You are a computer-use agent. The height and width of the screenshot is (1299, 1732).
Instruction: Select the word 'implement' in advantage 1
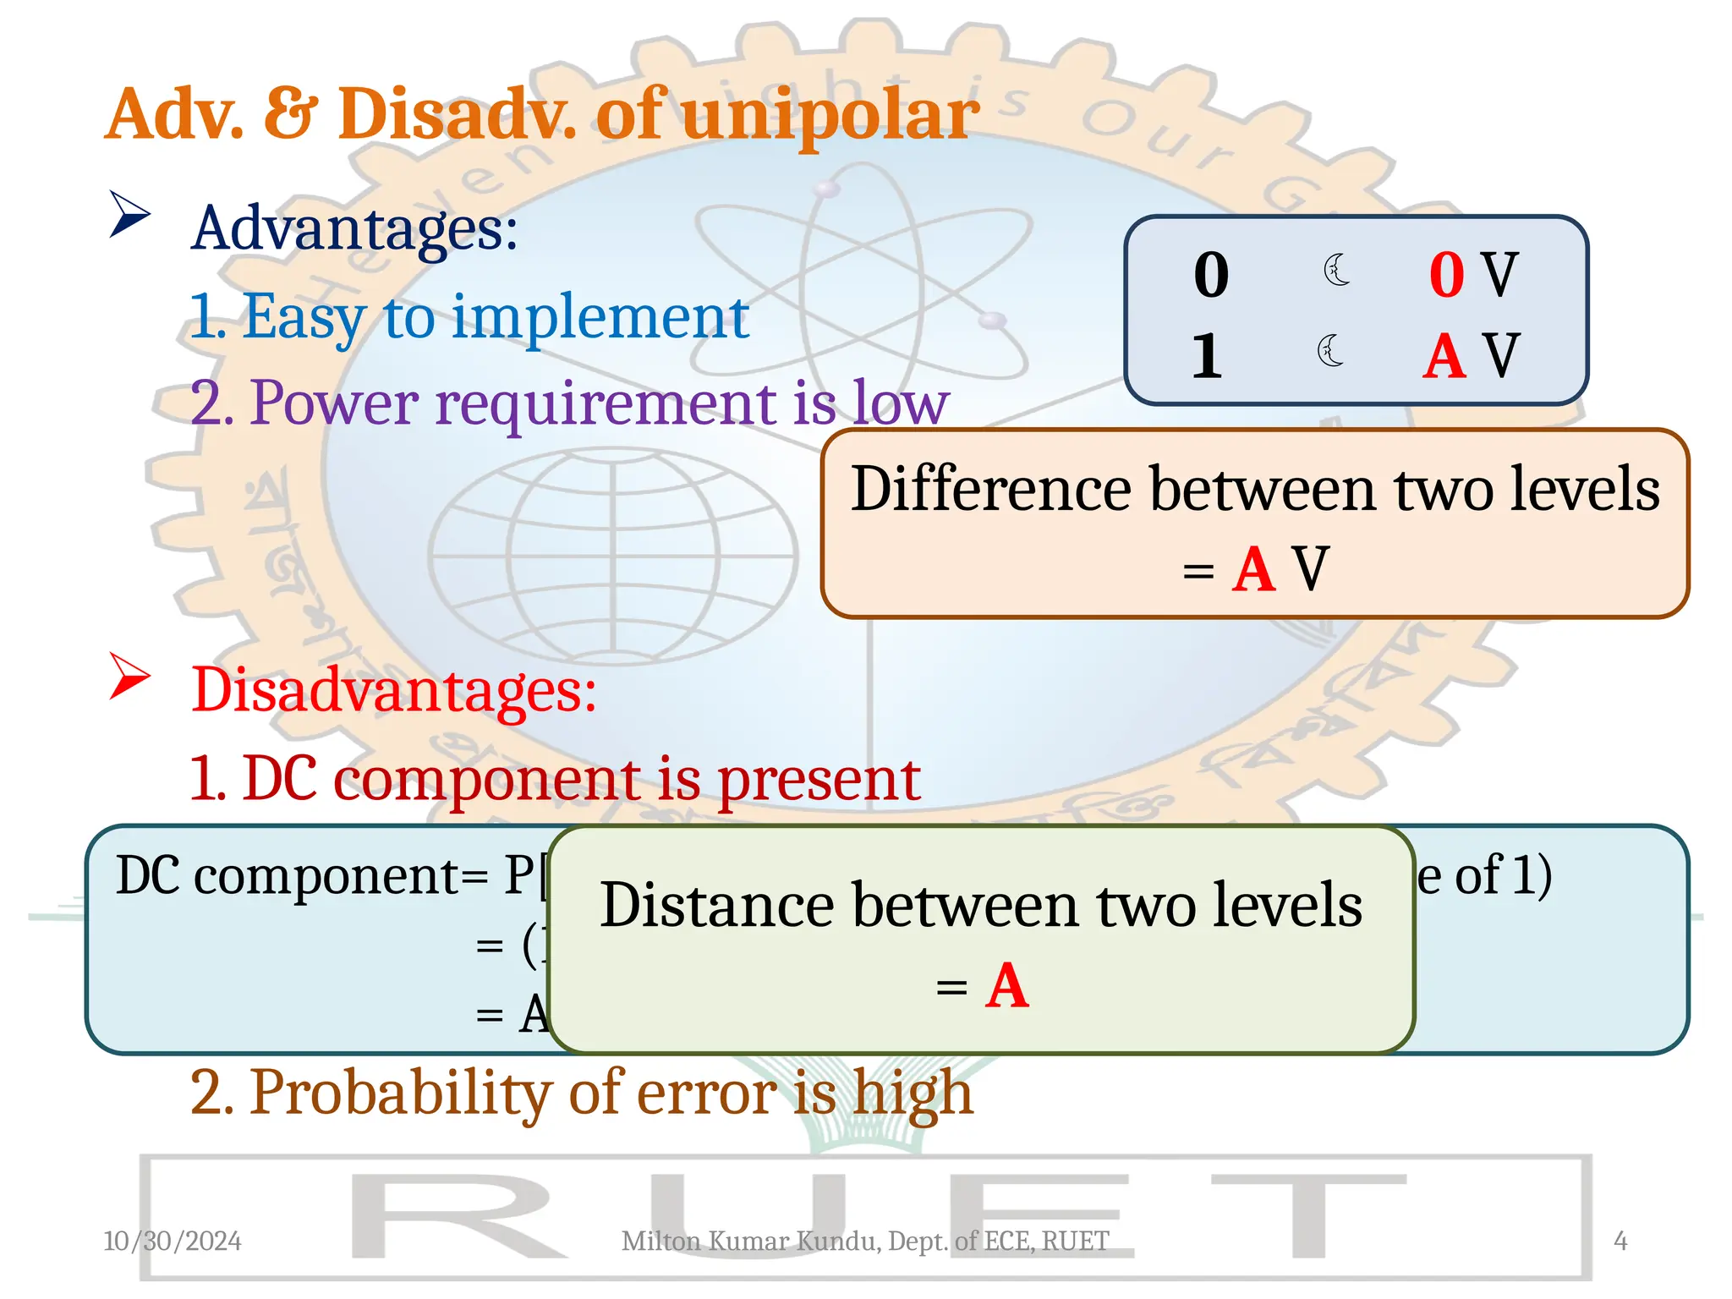click(600, 318)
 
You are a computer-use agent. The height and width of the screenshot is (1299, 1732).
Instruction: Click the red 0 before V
click(1446, 276)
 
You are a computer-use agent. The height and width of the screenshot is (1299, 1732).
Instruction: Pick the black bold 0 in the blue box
click(1211, 276)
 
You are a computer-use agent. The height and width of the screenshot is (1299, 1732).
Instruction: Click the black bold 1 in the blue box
click(1207, 355)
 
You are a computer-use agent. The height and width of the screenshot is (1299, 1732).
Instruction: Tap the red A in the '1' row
click(1444, 356)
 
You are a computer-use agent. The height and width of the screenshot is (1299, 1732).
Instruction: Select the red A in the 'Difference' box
click(1253, 569)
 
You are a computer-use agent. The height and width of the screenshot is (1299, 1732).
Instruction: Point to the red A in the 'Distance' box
click(1006, 986)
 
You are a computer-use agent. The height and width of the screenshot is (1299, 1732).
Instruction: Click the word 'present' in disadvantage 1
click(819, 780)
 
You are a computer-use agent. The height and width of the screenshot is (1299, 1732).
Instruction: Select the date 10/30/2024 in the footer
click(173, 1241)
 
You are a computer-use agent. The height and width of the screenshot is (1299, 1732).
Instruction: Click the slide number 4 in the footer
click(1620, 1241)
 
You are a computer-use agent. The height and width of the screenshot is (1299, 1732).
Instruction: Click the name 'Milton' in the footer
click(661, 1241)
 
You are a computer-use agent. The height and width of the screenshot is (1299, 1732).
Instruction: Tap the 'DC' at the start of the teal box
click(148, 875)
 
